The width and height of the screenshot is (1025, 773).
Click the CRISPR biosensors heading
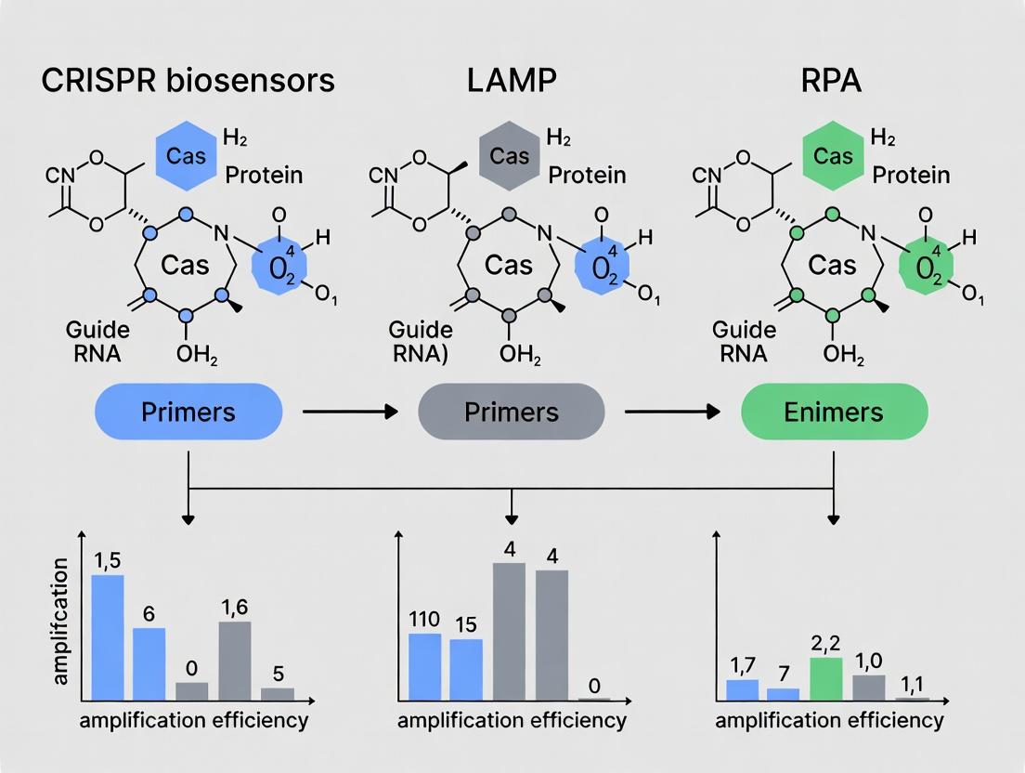(188, 80)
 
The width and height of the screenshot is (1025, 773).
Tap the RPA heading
(832, 80)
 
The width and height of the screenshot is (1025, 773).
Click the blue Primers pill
(188, 411)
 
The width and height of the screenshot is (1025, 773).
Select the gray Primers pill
(512, 411)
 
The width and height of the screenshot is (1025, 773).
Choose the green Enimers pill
(834, 411)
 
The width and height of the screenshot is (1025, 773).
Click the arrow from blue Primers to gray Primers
(350, 411)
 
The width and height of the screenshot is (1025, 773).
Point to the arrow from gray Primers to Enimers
(672, 411)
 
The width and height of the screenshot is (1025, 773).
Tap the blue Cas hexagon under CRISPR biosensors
(187, 156)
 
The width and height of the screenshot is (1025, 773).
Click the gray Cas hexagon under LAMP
(509, 156)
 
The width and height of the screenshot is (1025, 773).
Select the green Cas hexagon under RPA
(833, 156)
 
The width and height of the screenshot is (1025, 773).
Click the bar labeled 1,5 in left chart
(107, 637)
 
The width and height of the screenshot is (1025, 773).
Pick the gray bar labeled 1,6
(234, 661)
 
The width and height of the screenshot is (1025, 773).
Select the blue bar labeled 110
(425, 666)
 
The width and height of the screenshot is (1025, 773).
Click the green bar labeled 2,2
(826, 678)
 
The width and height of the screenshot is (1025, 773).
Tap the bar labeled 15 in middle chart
(466, 669)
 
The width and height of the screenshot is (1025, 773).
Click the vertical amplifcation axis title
(62, 622)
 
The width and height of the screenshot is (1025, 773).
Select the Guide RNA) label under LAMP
(421, 341)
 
